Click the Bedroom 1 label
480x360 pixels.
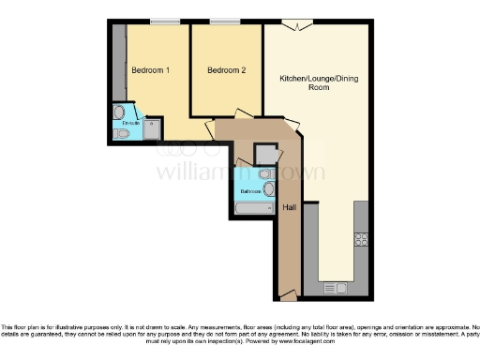(x=150, y=70)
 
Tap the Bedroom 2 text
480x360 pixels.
(x=226, y=70)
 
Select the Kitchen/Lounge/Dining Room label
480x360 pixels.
(x=319, y=82)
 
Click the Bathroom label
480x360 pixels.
(x=250, y=191)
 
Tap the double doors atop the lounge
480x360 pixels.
(x=299, y=25)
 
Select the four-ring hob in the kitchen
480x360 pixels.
(x=361, y=240)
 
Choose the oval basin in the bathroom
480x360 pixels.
(x=269, y=188)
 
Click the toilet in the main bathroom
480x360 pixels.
(x=265, y=174)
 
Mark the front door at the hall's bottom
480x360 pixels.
(x=289, y=297)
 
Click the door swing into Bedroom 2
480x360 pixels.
(x=241, y=114)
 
